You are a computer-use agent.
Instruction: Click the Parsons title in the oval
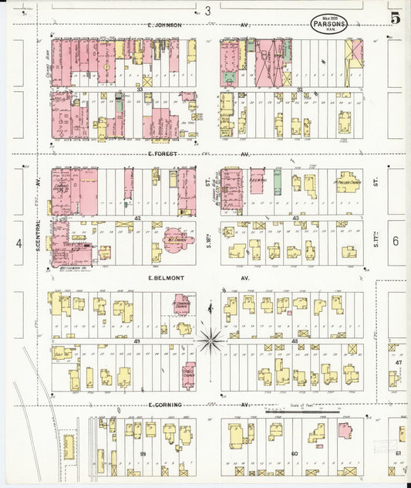pyautogui.click(x=329, y=24)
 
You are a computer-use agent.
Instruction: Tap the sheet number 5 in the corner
pyautogui.click(x=395, y=18)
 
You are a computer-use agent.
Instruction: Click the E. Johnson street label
pyautogui.click(x=165, y=25)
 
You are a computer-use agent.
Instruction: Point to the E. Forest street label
pyautogui.click(x=162, y=154)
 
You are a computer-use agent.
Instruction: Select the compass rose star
pyautogui.click(x=209, y=339)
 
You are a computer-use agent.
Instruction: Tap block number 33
pyautogui.click(x=140, y=90)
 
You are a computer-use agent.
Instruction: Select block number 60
pyautogui.click(x=294, y=453)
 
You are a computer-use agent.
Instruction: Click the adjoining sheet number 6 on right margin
pyautogui.click(x=395, y=241)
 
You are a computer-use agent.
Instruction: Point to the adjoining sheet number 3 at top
pyautogui.click(x=207, y=10)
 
